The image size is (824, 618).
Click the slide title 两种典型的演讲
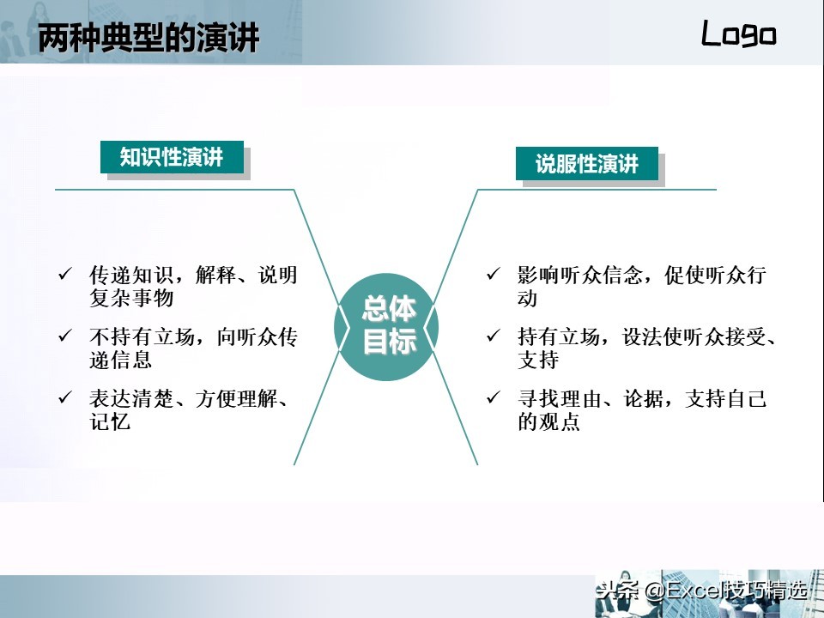[148, 37]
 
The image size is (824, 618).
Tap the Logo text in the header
[738, 33]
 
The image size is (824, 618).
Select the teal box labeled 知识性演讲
[172, 157]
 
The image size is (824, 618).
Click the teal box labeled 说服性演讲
[587, 163]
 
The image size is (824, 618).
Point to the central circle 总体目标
[386, 327]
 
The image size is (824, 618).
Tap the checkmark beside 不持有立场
[65, 335]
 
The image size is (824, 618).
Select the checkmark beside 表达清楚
[65, 397]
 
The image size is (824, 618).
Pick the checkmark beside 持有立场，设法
[494, 335]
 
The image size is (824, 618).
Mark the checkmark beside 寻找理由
[494, 397]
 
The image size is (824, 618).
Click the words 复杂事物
[131, 298]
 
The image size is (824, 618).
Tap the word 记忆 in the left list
[110, 421]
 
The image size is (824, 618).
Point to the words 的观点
[548, 421]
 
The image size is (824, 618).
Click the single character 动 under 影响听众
[527, 298]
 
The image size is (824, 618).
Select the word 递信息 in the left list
[121, 360]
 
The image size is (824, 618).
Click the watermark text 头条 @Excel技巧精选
[701, 591]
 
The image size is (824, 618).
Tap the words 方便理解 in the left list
[236, 399]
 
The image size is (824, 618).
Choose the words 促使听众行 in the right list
[715, 275]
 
